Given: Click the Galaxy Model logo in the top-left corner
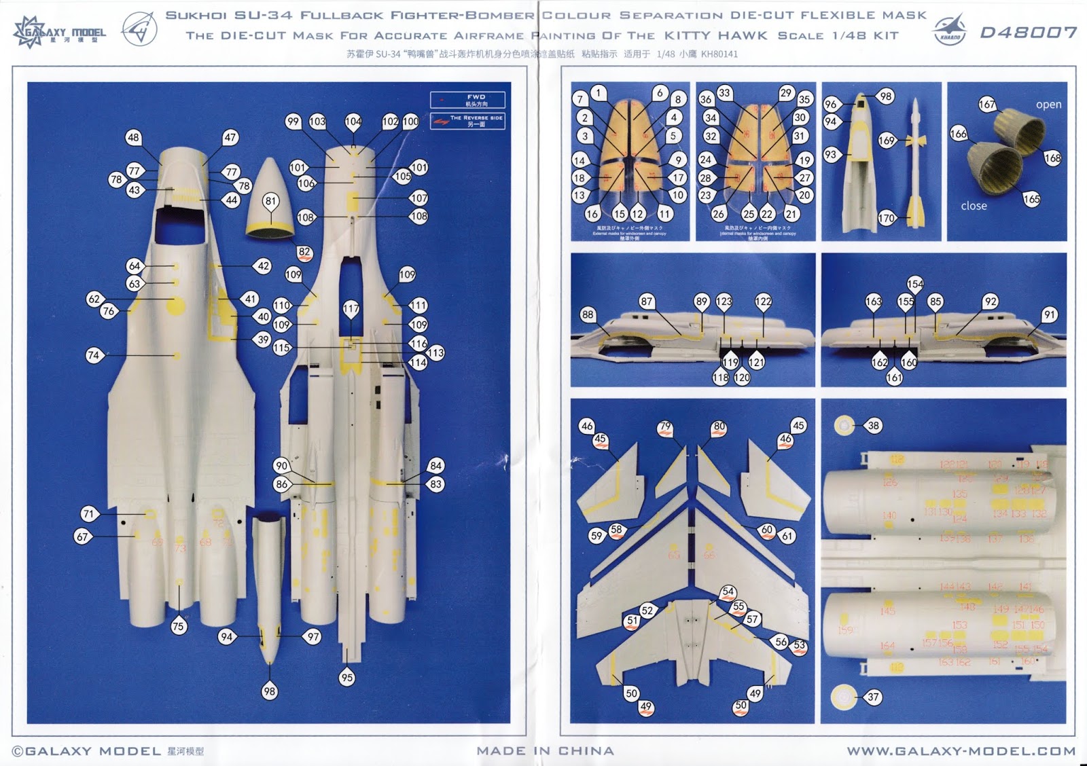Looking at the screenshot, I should [60, 32].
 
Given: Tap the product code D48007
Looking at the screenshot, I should [1028, 33].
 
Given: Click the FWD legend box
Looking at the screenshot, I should [467, 100].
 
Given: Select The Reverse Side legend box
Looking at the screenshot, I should [467, 121].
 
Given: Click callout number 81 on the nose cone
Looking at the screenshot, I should [271, 201].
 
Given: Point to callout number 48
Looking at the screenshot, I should [133, 137].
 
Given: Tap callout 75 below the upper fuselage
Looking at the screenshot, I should [178, 626].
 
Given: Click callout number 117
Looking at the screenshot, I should [351, 309].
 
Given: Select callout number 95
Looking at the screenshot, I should [347, 677].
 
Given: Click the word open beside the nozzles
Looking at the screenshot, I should [1048, 105].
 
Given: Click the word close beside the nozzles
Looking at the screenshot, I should [974, 206].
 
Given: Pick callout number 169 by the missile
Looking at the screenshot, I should [887, 141].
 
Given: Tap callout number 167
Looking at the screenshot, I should [986, 105].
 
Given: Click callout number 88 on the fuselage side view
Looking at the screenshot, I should [588, 314].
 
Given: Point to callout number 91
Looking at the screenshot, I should [1050, 314].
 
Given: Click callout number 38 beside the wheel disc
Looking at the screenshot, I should [873, 426].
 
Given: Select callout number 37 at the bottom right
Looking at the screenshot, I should [873, 697].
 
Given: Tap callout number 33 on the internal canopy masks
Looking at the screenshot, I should [724, 93].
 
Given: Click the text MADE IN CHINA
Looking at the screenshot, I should [545, 751].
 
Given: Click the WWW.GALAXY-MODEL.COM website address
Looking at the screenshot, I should [961, 751].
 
